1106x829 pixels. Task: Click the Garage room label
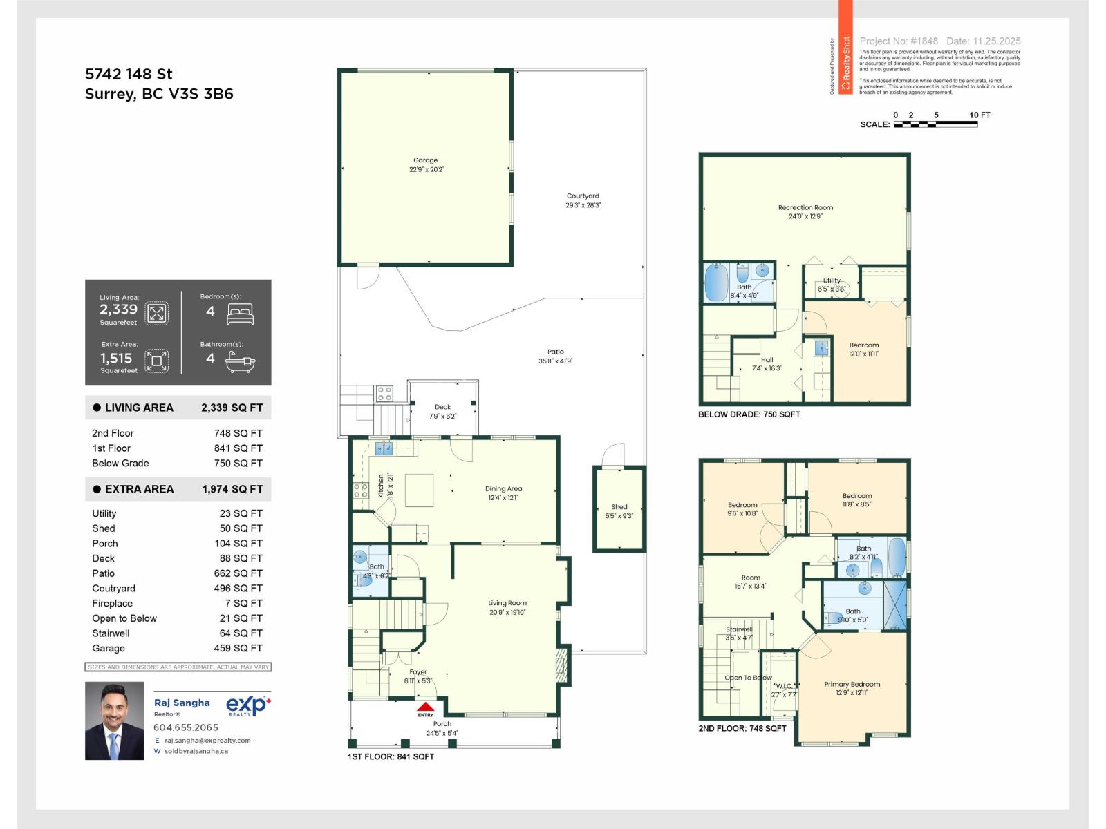click(x=425, y=160)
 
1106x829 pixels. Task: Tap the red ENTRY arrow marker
click(x=425, y=708)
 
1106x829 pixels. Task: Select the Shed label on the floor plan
click(x=619, y=507)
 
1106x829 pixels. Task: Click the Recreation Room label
click(x=805, y=207)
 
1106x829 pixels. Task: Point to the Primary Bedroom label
click(x=852, y=684)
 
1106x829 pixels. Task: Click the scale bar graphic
click(x=935, y=124)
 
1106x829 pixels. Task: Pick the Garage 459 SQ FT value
click(x=238, y=648)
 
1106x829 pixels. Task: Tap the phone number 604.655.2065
click(x=186, y=727)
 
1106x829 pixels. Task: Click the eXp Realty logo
click(x=247, y=705)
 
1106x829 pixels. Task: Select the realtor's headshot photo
click(x=114, y=721)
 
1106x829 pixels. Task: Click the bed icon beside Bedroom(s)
click(x=240, y=314)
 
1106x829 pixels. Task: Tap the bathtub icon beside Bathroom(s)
click(x=240, y=362)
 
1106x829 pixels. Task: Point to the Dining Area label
click(x=503, y=488)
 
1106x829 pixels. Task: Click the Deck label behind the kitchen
click(x=442, y=407)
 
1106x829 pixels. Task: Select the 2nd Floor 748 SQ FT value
click(x=238, y=433)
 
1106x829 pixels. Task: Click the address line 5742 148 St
click(x=129, y=74)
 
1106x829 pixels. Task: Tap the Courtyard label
click(x=583, y=196)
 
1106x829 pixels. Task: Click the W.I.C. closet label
click(x=783, y=686)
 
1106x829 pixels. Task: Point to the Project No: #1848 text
click(x=899, y=41)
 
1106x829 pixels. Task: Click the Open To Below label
click(x=748, y=678)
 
